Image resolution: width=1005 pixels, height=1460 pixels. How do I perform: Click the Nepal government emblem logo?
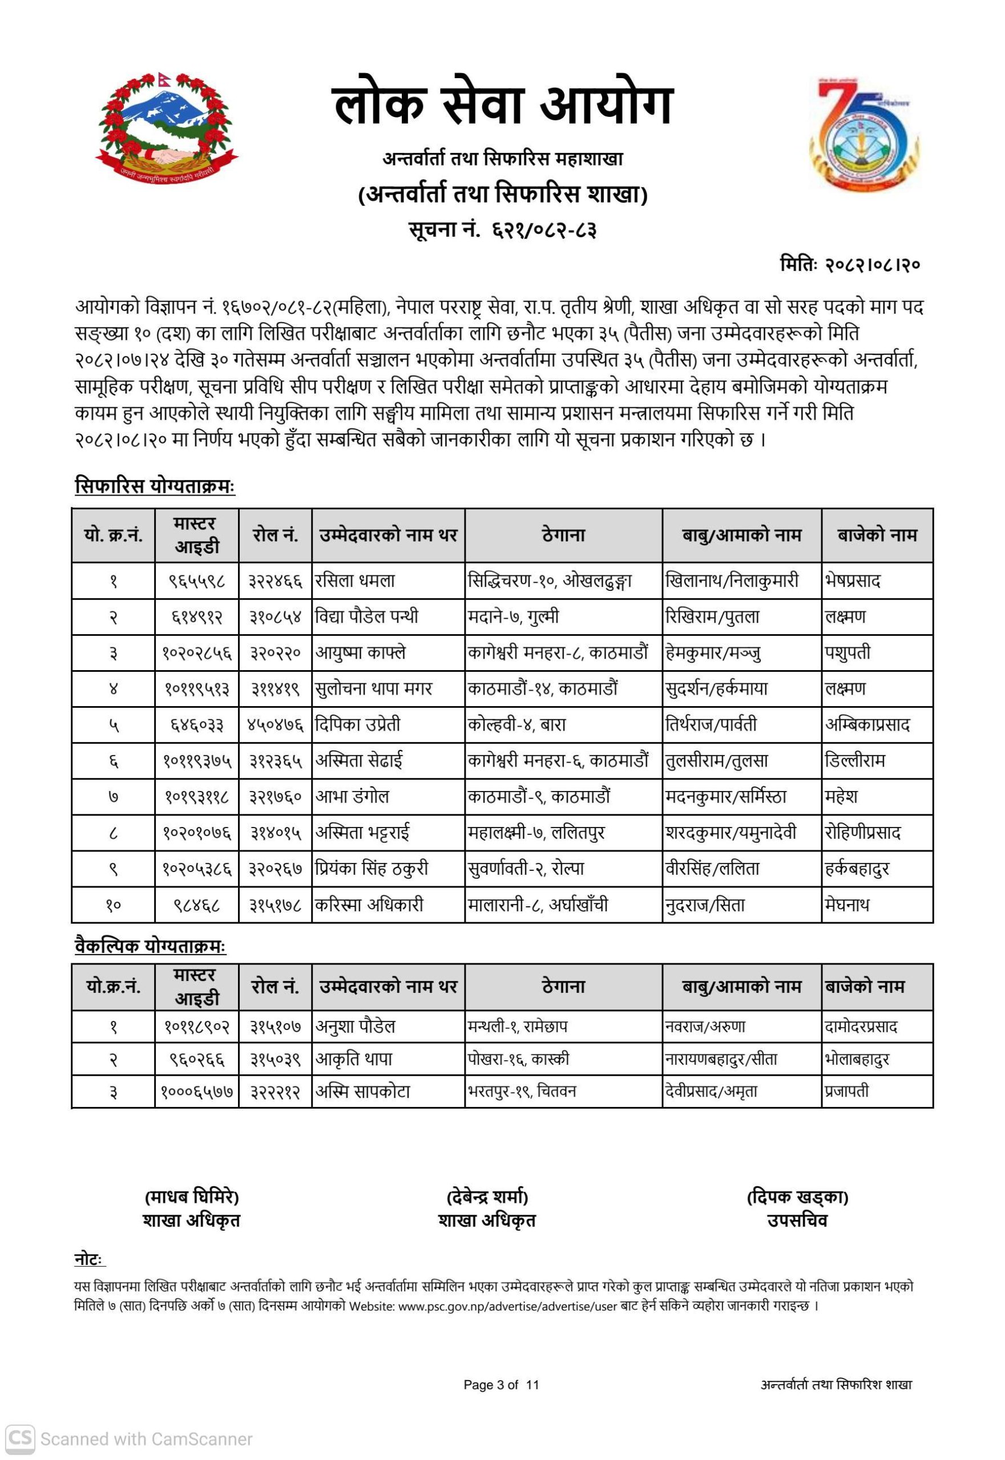click(x=167, y=125)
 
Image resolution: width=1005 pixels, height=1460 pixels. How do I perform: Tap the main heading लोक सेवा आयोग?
click(x=502, y=104)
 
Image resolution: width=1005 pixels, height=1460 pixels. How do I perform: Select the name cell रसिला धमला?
click(x=355, y=581)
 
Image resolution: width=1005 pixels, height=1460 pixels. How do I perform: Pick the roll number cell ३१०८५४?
click(x=275, y=617)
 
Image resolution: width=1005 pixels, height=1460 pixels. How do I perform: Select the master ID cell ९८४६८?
click(x=197, y=906)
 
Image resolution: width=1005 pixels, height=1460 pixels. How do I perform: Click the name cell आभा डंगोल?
click(x=352, y=797)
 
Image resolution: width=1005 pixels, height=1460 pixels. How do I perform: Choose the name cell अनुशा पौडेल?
click(x=355, y=1027)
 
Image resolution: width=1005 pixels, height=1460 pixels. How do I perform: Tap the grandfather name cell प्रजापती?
click(x=846, y=1091)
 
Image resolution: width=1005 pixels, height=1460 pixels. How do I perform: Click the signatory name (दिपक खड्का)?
click(x=797, y=1197)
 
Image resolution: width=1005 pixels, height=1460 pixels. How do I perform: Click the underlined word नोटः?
click(x=90, y=1260)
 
